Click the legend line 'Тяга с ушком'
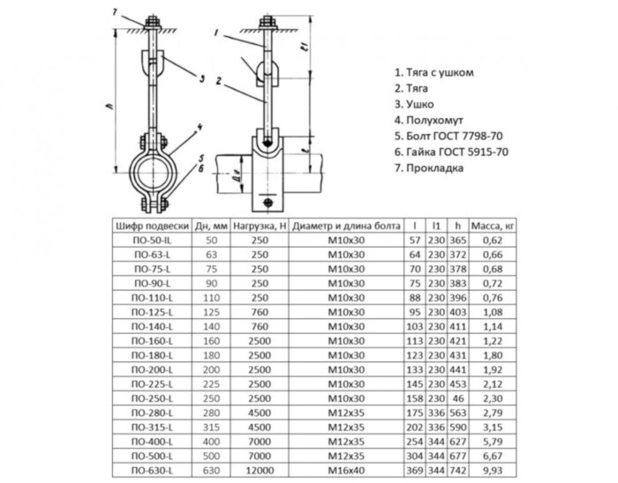434,72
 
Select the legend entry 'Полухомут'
429,120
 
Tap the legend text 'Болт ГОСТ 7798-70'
448,136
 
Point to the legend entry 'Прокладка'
429,168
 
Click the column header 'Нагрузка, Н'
260,226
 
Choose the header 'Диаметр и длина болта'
346,226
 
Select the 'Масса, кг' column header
493,226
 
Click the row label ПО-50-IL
152,240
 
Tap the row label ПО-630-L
152,470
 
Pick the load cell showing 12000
260,470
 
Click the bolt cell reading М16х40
346,470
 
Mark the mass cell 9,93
493,470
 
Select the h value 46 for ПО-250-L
458,398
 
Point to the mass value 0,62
493,240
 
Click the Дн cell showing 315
211,427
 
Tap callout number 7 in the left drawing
115,12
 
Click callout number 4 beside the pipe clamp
200,128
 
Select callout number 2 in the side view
219,81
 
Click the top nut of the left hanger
152,21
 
